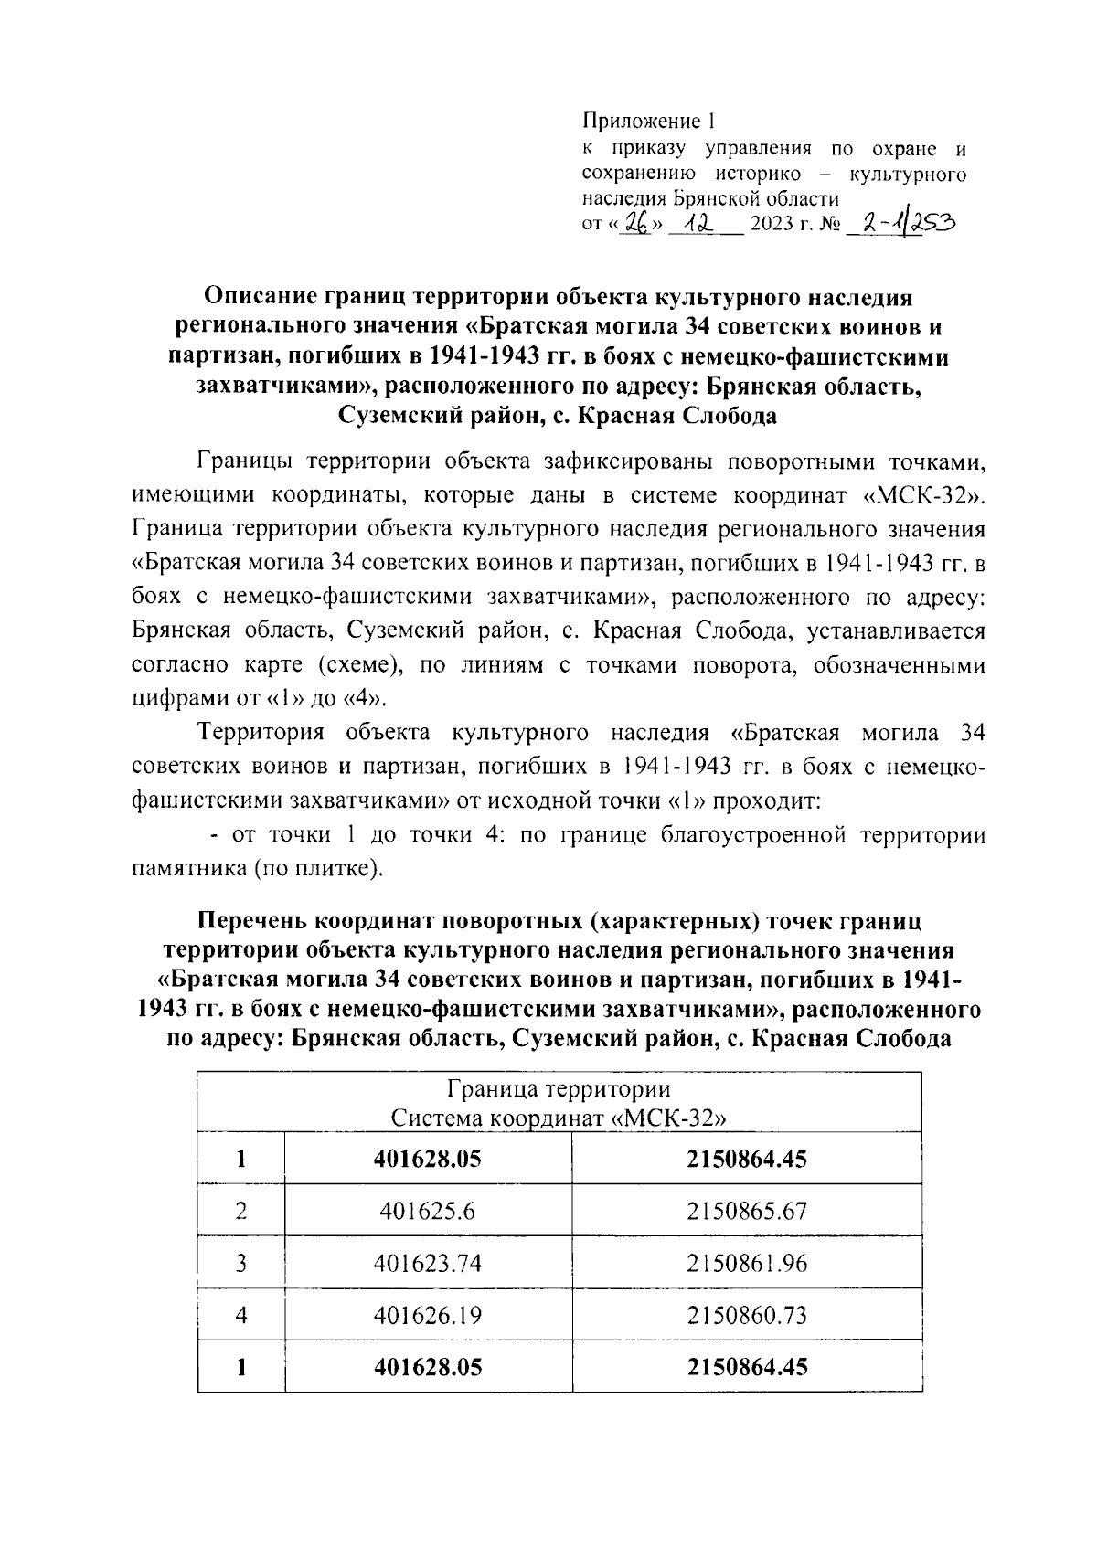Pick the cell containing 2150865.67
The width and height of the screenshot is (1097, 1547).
747,1212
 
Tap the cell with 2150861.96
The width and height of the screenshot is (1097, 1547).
747,1264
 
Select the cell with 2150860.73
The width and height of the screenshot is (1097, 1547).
747,1316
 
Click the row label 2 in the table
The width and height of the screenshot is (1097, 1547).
241,1212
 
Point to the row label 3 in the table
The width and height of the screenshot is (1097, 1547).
241,1264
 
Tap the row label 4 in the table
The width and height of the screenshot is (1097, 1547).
241,1316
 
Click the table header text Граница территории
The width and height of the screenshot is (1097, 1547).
559,1090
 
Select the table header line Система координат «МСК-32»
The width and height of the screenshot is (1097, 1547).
559,1118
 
